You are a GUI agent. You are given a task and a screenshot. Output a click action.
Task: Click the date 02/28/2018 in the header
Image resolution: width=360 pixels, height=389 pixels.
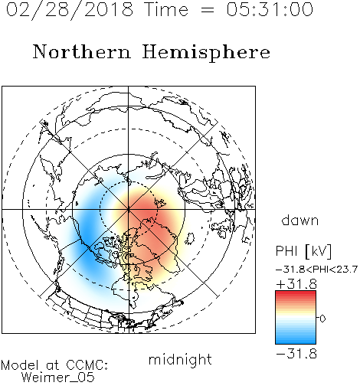[70, 10]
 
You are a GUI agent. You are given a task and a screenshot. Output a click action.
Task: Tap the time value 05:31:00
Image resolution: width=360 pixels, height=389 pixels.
[270, 9]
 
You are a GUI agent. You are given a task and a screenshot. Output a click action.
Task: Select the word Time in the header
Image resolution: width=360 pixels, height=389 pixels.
[166, 9]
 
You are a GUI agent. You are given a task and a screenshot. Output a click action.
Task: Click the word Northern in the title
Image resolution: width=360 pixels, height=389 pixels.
[82, 51]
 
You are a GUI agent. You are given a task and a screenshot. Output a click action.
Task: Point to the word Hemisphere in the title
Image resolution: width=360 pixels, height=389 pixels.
[206, 53]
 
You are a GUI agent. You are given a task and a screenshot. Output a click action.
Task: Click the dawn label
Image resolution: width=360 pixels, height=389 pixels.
[300, 220]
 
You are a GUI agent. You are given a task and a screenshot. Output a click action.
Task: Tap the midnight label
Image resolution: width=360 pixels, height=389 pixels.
[180, 359]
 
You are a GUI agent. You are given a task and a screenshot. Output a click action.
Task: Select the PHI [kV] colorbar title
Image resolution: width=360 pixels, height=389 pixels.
[303, 251]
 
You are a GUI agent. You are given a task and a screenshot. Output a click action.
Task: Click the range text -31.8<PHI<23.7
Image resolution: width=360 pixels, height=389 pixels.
[316, 269]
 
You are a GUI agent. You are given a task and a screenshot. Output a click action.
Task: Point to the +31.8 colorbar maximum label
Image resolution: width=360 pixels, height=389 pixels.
[296, 284]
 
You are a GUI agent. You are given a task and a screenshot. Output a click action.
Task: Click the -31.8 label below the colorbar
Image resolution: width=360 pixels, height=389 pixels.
[296, 354]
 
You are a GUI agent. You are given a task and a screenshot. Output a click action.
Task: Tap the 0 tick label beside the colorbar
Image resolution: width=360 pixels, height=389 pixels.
[322, 319]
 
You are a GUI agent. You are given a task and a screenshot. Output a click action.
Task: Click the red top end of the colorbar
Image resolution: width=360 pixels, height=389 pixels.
[296, 293]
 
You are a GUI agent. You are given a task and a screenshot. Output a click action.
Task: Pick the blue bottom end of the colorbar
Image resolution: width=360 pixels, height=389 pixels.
[296, 342]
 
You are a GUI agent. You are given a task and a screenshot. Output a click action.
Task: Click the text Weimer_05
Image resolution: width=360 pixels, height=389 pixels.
[58, 378]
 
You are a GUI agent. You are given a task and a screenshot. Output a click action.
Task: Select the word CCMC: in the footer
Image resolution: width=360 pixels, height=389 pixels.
[87, 365]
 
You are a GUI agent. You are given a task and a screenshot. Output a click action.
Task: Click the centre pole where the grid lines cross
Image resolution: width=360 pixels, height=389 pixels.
[129, 209]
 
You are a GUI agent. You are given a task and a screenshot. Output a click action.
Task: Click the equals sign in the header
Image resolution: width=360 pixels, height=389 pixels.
[208, 10]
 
